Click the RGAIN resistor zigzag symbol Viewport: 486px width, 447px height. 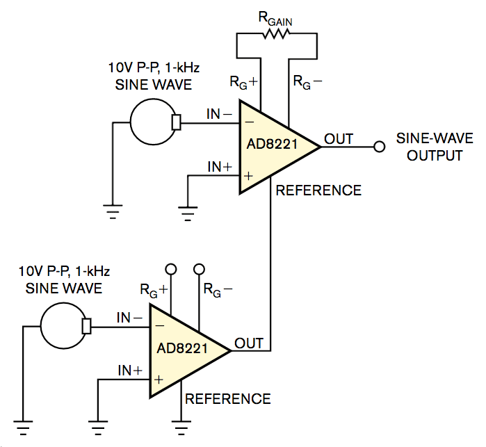pos(277,35)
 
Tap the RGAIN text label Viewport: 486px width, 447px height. pos(277,19)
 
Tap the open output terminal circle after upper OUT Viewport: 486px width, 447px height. pos(379,147)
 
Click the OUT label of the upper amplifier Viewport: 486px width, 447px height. pos(339,138)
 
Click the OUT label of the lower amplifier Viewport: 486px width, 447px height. pos(249,343)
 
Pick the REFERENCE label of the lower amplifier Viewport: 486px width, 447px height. pos(227,398)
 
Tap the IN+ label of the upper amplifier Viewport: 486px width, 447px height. pos(220,167)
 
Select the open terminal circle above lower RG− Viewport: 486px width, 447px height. pos(199,269)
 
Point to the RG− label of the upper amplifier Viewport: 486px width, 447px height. pos(307,81)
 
